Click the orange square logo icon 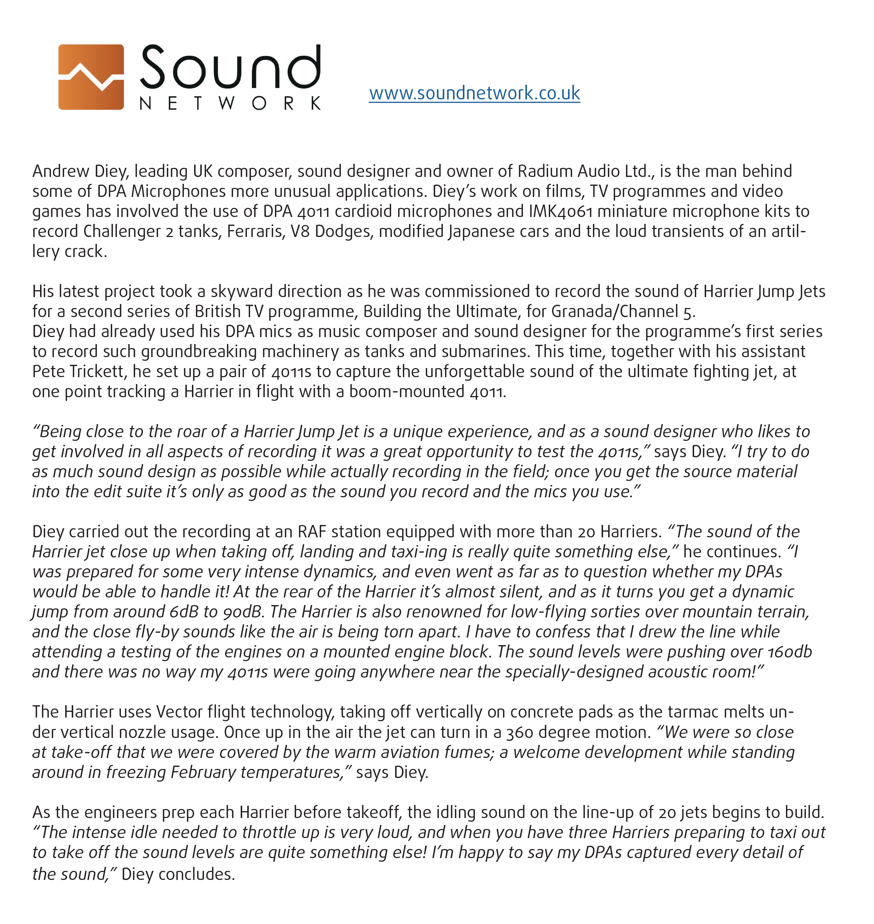click(x=91, y=77)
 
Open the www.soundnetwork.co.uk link click(x=474, y=93)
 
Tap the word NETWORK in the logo click(x=230, y=103)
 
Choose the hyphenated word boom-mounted click(x=407, y=392)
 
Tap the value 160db click(x=790, y=652)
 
